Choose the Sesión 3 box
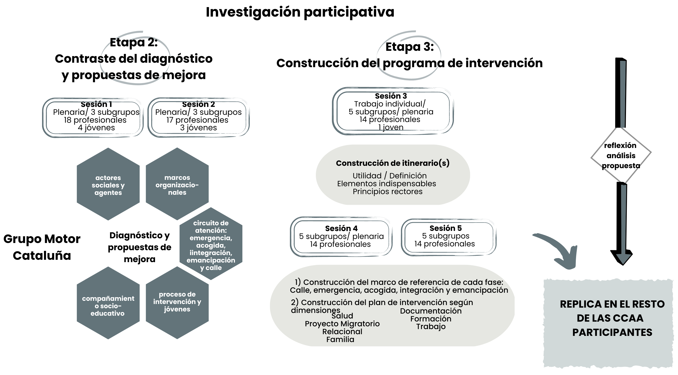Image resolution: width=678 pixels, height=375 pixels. pyautogui.click(x=393, y=111)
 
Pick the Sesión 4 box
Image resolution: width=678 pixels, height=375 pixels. pyautogui.click(x=341, y=236)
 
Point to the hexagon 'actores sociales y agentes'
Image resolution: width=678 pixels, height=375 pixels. pyautogui.click(x=108, y=184)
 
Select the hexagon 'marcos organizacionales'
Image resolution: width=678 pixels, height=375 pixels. pyautogui.click(x=177, y=184)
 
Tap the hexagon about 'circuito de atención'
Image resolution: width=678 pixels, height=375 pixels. pyautogui.click(x=211, y=244)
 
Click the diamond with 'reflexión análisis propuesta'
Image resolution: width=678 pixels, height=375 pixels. pyautogui.click(x=621, y=155)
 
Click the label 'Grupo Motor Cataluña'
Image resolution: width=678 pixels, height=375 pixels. pyautogui.click(x=42, y=247)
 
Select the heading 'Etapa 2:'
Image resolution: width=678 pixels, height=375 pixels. pyautogui.click(x=134, y=42)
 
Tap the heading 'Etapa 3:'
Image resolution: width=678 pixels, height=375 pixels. pyautogui.click(x=410, y=47)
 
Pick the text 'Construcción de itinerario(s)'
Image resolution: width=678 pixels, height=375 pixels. pyautogui.click(x=393, y=163)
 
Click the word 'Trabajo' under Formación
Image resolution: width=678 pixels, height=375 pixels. pyautogui.click(x=431, y=327)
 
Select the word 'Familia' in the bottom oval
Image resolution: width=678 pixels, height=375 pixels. pyautogui.click(x=340, y=339)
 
